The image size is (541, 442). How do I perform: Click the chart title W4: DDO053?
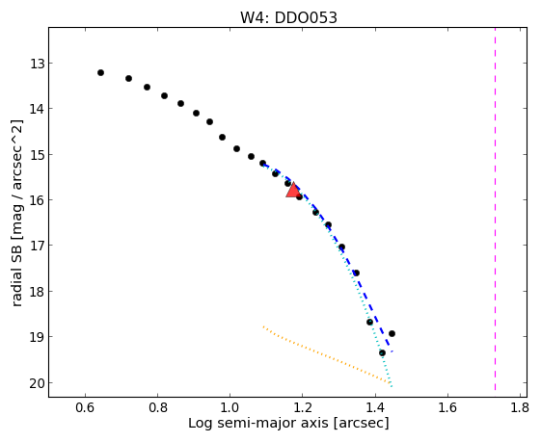(288, 18)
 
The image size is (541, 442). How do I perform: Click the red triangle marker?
(293, 190)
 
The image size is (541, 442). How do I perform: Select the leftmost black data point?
(100, 72)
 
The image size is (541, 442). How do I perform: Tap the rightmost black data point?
(392, 333)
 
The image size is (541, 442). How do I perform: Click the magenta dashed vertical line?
(495, 209)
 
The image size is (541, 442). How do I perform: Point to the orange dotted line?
(326, 354)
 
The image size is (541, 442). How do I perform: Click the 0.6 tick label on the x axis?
(85, 408)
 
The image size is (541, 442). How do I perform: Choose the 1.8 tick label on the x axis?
(520, 408)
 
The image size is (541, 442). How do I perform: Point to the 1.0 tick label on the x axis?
(230, 408)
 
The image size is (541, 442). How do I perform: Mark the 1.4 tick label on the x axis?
(375, 408)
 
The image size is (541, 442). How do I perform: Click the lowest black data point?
(382, 352)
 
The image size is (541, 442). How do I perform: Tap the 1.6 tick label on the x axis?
(447, 408)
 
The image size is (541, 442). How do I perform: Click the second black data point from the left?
(128, 79)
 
